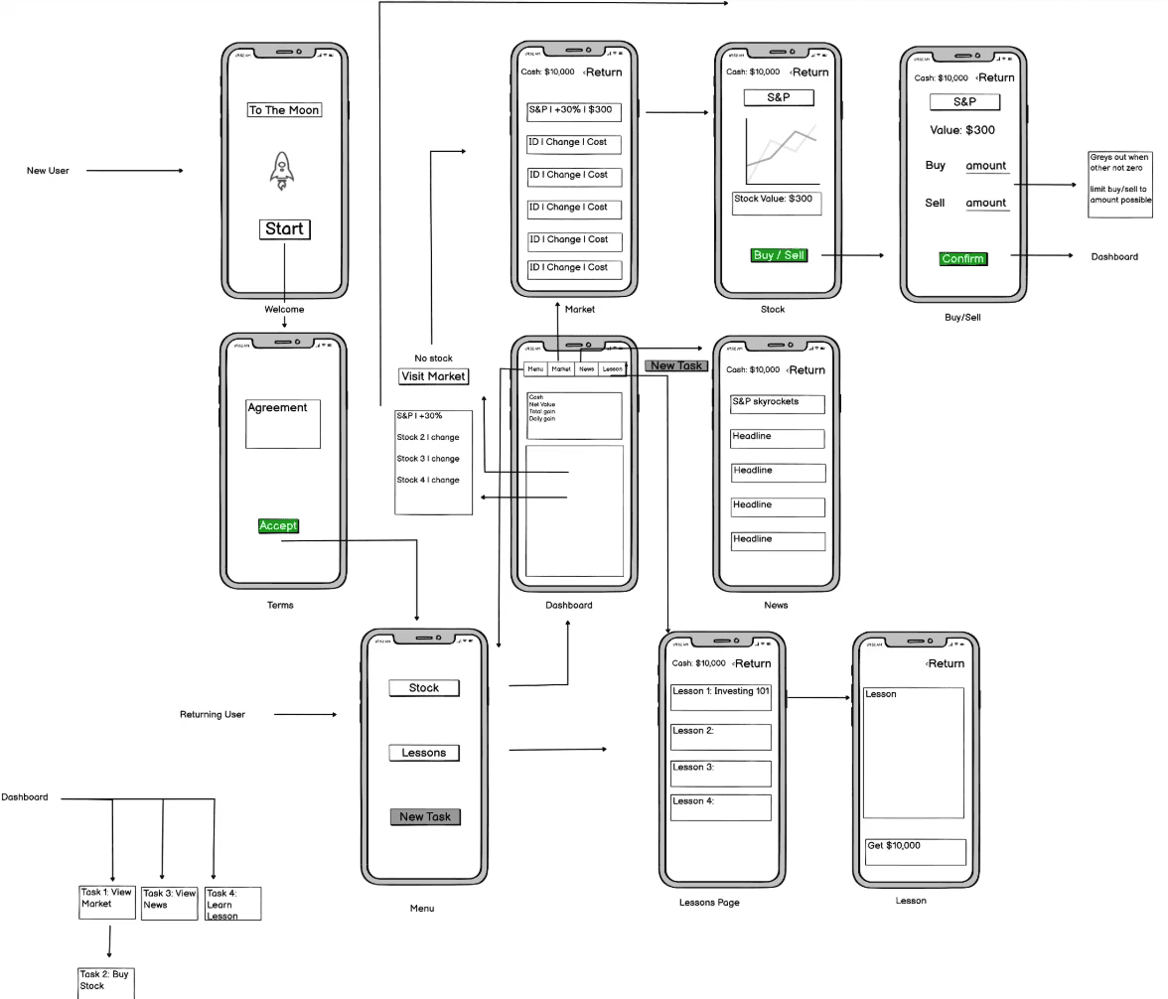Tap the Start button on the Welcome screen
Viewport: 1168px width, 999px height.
coord(284,229)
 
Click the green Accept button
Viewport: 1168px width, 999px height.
coord(278,525)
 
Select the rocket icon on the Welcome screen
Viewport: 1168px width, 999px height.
coord(282,171)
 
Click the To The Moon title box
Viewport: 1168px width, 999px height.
coord(284,110)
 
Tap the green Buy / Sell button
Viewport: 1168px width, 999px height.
coord(780,255)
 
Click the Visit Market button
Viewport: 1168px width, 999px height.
coord(433,376)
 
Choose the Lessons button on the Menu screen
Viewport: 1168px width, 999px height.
coord(424,753)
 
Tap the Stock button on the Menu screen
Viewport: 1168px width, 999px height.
coord(424,688)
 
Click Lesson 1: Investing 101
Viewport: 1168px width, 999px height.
coord(721,697)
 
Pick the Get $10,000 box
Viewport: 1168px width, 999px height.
coord(915,852)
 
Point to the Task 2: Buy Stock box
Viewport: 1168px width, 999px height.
coord(105,981)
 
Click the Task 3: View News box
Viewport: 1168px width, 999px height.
coord(170,903)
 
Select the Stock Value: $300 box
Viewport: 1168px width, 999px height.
coord(777,204)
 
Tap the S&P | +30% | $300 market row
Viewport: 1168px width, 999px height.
coord(574,112)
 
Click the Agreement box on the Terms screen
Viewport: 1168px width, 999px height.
coord(283,424)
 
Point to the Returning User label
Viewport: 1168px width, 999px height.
coord(213,714)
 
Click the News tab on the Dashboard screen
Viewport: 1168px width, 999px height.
coord(587,369)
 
